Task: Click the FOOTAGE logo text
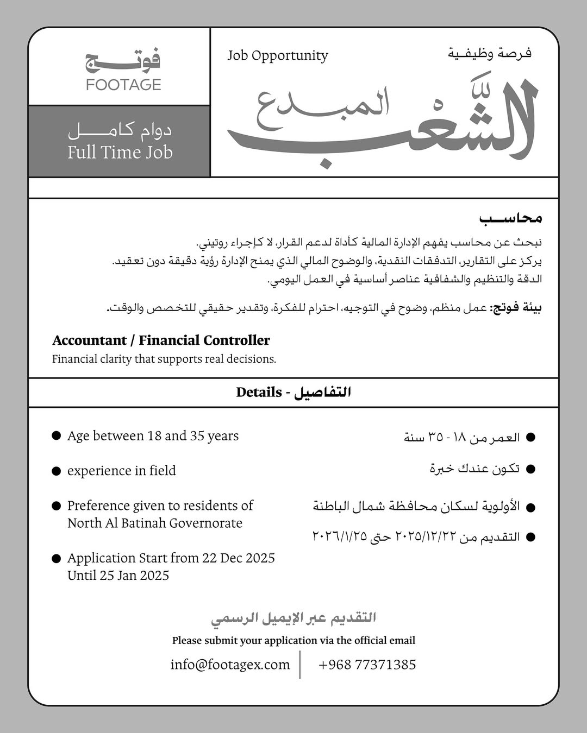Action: (x=123, y=85)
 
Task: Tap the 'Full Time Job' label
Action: (x=120, y=152)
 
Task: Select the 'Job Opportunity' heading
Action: (x=278, y=56)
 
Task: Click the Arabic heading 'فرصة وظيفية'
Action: (x=490, y=54)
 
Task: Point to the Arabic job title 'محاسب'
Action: (x=510, y=218)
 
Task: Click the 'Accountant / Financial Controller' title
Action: (x=161, y=340)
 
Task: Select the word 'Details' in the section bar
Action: (x=259, y=392)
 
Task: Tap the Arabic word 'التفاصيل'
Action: (x=323, y=392)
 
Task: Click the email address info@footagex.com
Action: (x=230, y=665)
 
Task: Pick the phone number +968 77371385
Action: (x=367, y=665)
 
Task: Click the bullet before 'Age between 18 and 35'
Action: (x=56, y=436)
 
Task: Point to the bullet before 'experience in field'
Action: (x=56, y=471)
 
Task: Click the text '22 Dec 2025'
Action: (x=239, y=558)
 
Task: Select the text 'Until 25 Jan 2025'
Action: (x=118, y=576)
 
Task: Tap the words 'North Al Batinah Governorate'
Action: (x=155, y=523)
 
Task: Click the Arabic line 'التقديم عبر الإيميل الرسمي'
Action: (x=293, y=618)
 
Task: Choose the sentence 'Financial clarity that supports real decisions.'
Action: (x=164, y=359)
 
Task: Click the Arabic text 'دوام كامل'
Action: (x=120, y=131)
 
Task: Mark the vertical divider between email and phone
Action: (x=300, y=665)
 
